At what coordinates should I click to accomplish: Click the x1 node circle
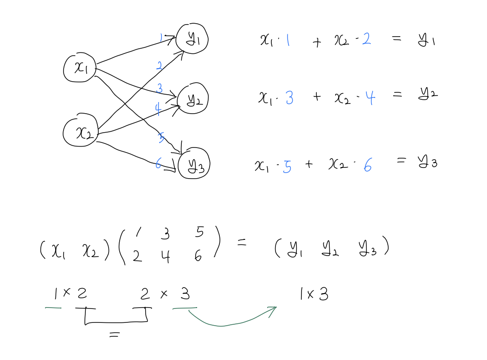80,68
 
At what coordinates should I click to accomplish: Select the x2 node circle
81,132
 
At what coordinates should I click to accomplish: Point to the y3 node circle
194,165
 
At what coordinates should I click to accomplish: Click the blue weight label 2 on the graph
159,66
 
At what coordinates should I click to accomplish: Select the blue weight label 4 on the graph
158,109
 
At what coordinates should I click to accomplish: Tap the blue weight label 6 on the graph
159,163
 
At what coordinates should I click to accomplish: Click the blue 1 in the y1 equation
288,41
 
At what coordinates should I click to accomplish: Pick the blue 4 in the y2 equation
370,98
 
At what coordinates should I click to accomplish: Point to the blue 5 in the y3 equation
287,166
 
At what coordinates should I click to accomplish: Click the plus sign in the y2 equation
317,98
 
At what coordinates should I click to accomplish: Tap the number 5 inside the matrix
199,232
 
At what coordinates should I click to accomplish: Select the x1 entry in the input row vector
58,251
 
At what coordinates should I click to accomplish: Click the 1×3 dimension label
314,294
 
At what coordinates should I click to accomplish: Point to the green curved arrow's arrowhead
273,309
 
